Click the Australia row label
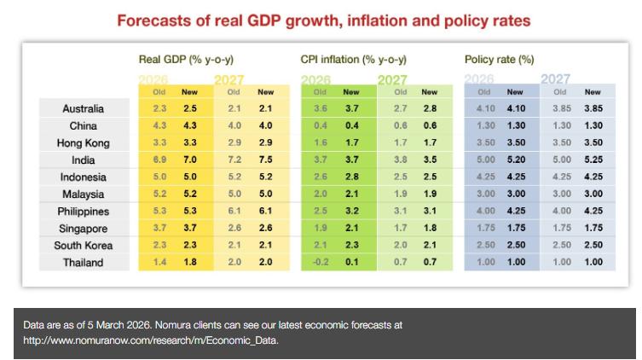click(84, 109)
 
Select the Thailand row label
click(84, 263)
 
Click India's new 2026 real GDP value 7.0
click(189, 160)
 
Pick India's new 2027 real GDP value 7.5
click(266, 160)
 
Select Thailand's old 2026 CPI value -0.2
click(321, 263)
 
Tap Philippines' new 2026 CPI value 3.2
click(351, 212)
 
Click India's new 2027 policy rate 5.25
click(593, 160)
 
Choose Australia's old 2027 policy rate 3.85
click(560, 109)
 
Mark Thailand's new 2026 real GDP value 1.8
click(189, 263)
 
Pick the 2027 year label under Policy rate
click(556, 79)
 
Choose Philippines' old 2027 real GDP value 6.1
click(234, 212)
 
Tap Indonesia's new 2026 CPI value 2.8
click(351, 177)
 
